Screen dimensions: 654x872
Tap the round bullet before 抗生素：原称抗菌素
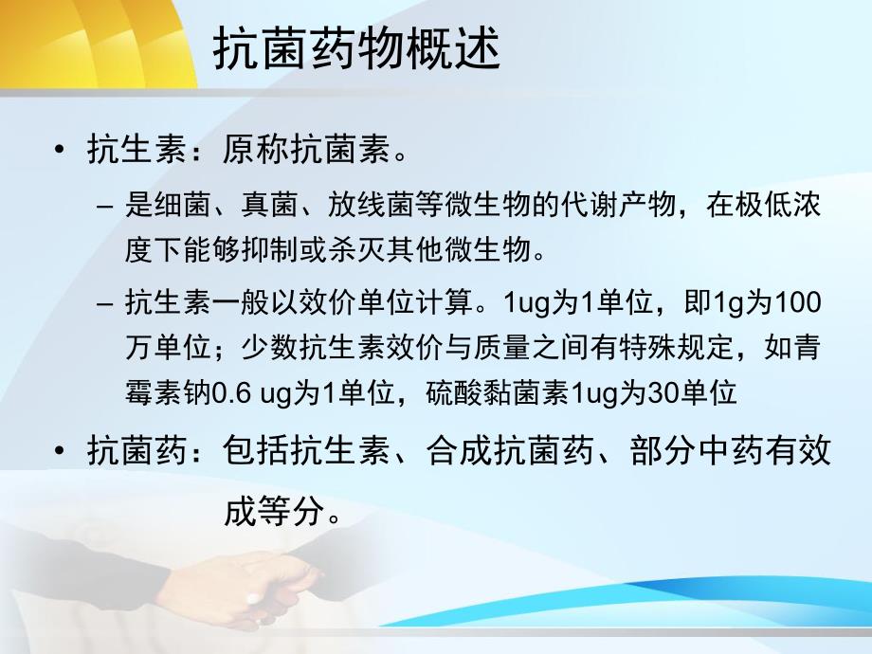(x=61, y=149)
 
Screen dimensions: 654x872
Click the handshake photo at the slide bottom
(x=256, y=583)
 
